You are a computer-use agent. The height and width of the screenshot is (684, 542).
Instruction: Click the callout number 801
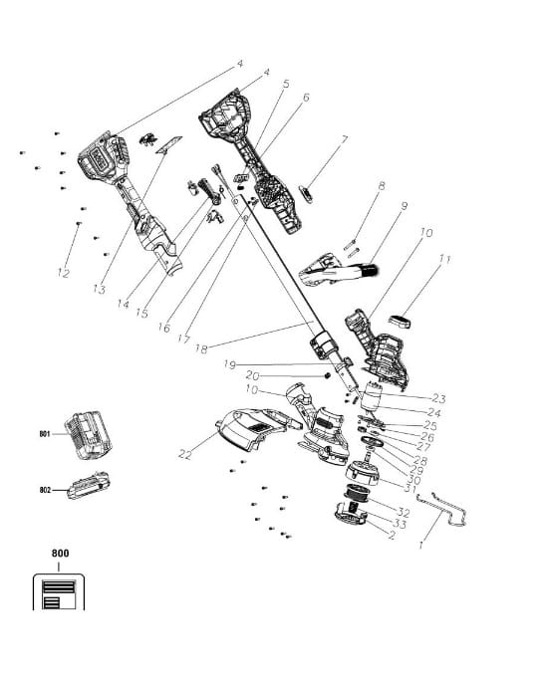coord(45,434)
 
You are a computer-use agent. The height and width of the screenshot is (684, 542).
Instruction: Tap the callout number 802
coord(45,490)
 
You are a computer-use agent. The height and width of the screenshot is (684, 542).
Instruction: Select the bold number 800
coord(60,554)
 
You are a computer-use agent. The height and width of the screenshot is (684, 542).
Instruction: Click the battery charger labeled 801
coord(88,434)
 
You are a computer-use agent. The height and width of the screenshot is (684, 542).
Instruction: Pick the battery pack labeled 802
coord(89,485)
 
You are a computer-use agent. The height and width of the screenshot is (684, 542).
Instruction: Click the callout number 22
coord(185,455)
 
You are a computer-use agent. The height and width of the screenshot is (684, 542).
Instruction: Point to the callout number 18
coord(201,349)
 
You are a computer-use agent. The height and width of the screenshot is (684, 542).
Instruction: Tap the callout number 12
coord(64,273)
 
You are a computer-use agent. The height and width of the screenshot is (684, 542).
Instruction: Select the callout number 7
coord(345,139)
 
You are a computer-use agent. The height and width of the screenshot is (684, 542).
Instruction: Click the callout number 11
coord(444,260)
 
